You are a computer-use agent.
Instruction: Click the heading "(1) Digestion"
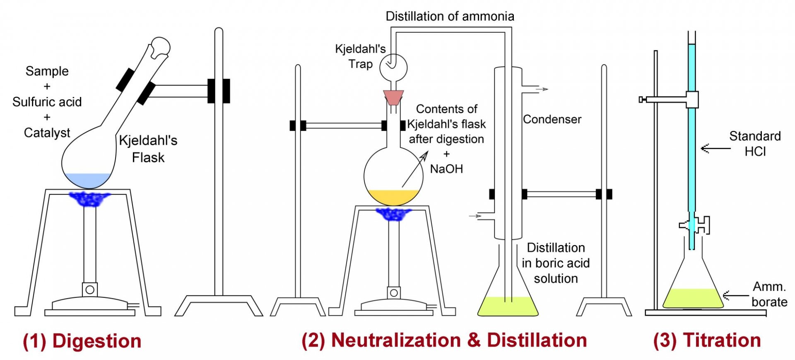(x=82, y=341)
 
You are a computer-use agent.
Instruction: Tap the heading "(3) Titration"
(x=707, y=340)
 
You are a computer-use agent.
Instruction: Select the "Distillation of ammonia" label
(x=450, y=16)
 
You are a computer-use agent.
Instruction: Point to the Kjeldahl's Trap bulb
(x=393, y=68)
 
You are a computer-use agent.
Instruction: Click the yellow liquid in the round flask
(x=393, y=197)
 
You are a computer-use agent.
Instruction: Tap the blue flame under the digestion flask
(x=89, y=199)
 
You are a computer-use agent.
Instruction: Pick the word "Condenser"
(x=552, y=119)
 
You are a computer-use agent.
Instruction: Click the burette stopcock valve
(x=696, y=225)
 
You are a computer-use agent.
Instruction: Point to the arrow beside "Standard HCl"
(x=715, y=148)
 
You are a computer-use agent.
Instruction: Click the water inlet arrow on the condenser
(x=475, y=216)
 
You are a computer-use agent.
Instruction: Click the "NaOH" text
(x=446, y=169)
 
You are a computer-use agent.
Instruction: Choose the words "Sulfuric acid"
(x=47, y=102)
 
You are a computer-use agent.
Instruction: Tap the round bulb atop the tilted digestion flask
(x=160, y=46)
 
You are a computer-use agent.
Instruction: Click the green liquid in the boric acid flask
(x=508, y=307)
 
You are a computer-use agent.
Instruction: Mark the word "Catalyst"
(x=47, y=133)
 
